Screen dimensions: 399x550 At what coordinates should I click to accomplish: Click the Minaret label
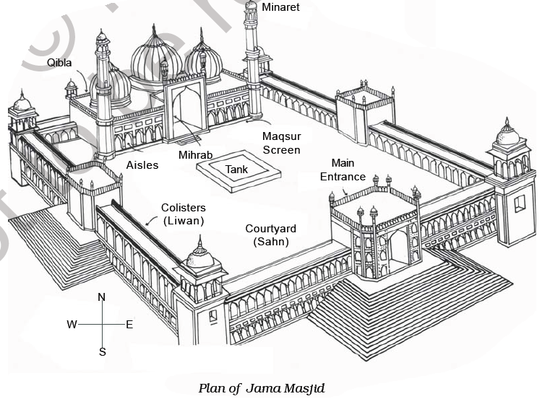coord(280,7)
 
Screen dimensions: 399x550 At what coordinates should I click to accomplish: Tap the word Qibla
coord(60,63)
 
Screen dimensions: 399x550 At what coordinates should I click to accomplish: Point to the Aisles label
coord(142,165)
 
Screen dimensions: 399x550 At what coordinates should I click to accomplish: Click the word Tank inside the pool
coord(236,169)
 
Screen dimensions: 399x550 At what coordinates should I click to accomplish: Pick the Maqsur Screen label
coord(281,143)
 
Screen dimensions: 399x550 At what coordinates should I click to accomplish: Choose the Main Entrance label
coord(348,170)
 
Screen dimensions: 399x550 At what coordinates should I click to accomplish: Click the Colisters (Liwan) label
coord(182,214)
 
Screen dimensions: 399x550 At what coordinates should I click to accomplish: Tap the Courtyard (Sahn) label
coord(270,236)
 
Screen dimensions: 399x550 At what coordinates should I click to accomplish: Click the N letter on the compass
coord(102,297)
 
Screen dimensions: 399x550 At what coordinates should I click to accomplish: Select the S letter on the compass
coord(102,352)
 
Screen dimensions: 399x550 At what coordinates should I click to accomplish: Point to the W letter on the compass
coord(72,325)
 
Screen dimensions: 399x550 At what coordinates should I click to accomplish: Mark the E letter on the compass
coord(129,325)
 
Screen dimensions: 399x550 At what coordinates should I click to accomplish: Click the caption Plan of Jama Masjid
coord(262,388)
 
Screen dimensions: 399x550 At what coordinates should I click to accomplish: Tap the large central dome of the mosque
coord(155,58)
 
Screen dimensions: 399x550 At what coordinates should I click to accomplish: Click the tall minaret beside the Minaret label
coord(252,58)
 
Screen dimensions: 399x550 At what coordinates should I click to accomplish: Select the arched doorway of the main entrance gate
coord(398,249)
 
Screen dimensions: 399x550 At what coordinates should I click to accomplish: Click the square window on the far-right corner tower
coord(520,204)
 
